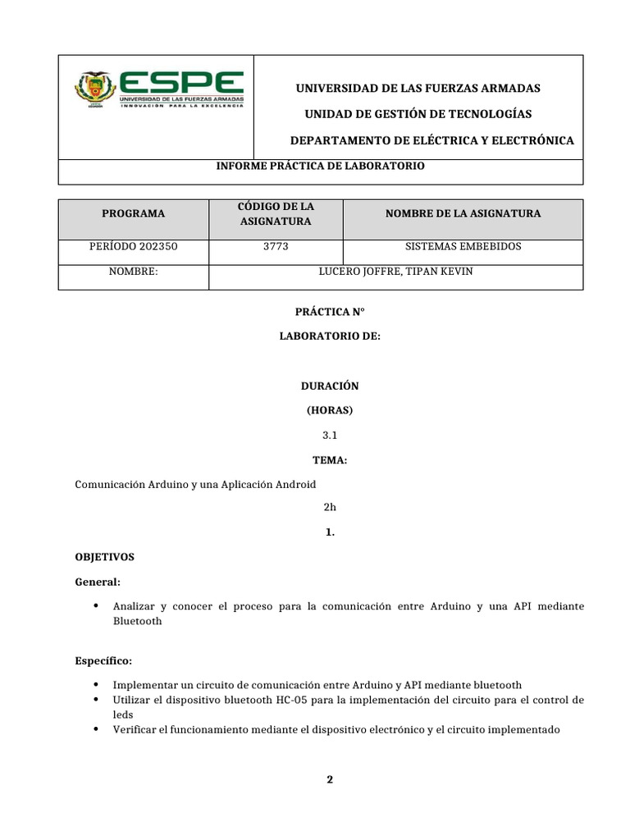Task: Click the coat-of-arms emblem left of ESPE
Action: pos(95,91)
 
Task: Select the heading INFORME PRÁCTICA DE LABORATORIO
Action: pos(320,166)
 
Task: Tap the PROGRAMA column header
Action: pos(133,213)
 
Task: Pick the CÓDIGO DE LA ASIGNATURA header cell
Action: pos(276,213)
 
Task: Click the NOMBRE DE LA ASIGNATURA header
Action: pos(463,213)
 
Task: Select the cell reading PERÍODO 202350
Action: pos(133,246)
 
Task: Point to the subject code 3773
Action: pos(276,246)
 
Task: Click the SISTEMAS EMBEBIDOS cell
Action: pos(463,246)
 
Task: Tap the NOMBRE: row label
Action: pos(133,272)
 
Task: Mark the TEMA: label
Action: pos(330,461)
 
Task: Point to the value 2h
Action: pos(330,508)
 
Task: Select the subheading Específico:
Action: pos(103,660)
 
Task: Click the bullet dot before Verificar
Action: pos(97,728)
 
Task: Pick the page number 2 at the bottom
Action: pos(330,779)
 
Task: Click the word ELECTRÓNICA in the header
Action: pos(535,141)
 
